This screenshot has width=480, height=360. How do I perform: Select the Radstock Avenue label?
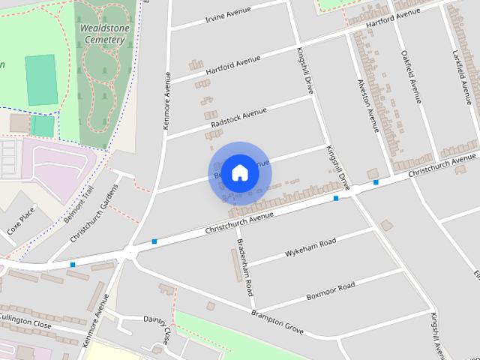(238, 117)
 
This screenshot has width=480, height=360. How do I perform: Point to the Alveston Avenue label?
(367, 105)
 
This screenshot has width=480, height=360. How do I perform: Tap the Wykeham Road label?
(310, 248)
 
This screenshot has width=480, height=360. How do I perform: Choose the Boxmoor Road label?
(330, 291)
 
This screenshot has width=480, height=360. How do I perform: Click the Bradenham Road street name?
(245, 267)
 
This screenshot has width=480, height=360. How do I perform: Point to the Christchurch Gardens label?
(94, 213)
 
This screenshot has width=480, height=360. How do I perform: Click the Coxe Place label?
(21, 220)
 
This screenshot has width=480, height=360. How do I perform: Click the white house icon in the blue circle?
(239, 173)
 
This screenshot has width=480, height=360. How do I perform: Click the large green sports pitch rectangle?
(40, 79)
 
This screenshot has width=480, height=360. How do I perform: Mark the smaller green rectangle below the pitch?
(42, 126)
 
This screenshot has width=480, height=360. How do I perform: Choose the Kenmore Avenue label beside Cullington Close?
(97, 319)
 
